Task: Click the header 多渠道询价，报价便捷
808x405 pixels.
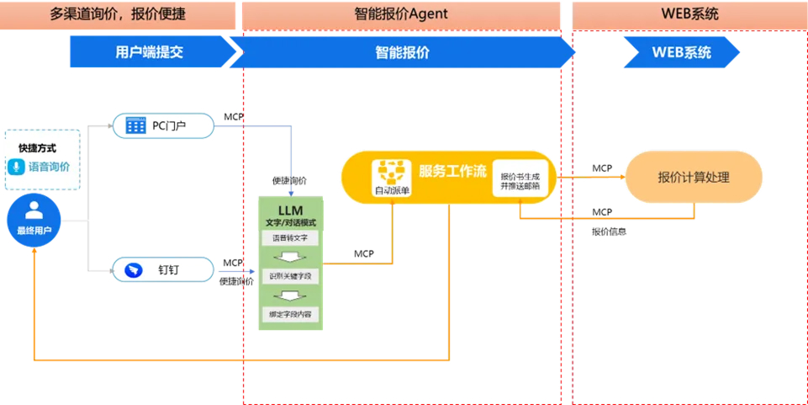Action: [118, 14]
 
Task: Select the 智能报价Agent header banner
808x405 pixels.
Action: [401, 14]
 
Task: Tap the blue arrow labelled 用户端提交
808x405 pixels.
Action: [149, 52]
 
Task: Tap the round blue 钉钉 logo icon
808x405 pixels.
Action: [135, 269]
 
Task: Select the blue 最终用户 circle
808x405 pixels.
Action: [34, 217]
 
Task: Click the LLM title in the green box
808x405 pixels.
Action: [290, 210]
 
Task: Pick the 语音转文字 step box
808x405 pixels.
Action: [290, 238]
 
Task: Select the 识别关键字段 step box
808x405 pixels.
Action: [290, 275]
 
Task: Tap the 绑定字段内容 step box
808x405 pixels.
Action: [290, 314]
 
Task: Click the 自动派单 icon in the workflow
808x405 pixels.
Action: [392, 177]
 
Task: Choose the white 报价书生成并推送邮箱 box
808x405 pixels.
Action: [520, 177]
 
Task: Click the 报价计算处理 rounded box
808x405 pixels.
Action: [694, 177]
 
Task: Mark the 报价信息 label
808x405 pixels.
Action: [609, 231]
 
